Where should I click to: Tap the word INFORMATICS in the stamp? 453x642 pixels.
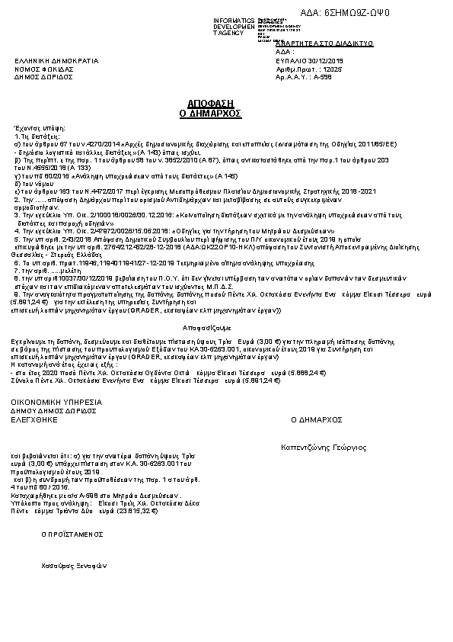tap(234, 20)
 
